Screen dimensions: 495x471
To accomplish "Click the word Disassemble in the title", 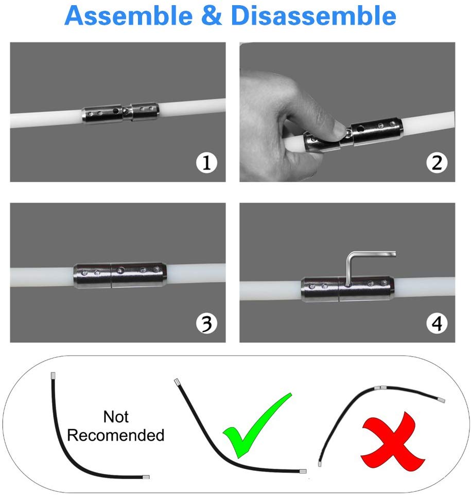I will pos(313,16).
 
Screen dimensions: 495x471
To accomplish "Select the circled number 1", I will pos(206,163).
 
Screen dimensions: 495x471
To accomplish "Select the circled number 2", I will pos(437,163).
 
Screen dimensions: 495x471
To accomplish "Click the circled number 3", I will pos(206,324).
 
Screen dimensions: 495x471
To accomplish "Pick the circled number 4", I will pos(437,324).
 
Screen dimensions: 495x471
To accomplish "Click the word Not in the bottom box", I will pos(116,416).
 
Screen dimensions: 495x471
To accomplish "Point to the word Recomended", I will pos(116,435).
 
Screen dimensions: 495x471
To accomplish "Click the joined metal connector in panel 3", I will pos(119,276).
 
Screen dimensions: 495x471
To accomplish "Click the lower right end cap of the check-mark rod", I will pos(303,470).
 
